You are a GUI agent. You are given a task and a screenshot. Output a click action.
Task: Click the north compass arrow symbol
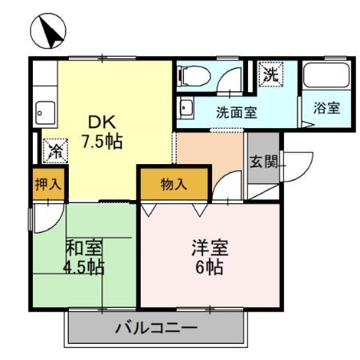48,31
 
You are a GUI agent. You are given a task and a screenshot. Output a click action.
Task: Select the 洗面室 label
236,113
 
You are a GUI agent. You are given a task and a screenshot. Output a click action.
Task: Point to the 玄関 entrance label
263,161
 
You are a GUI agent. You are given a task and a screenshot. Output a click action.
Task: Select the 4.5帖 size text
83,266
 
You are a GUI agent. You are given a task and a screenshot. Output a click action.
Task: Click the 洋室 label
210,247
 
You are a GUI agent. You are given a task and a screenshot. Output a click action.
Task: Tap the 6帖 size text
210,266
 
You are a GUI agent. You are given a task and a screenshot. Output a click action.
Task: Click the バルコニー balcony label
155,328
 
